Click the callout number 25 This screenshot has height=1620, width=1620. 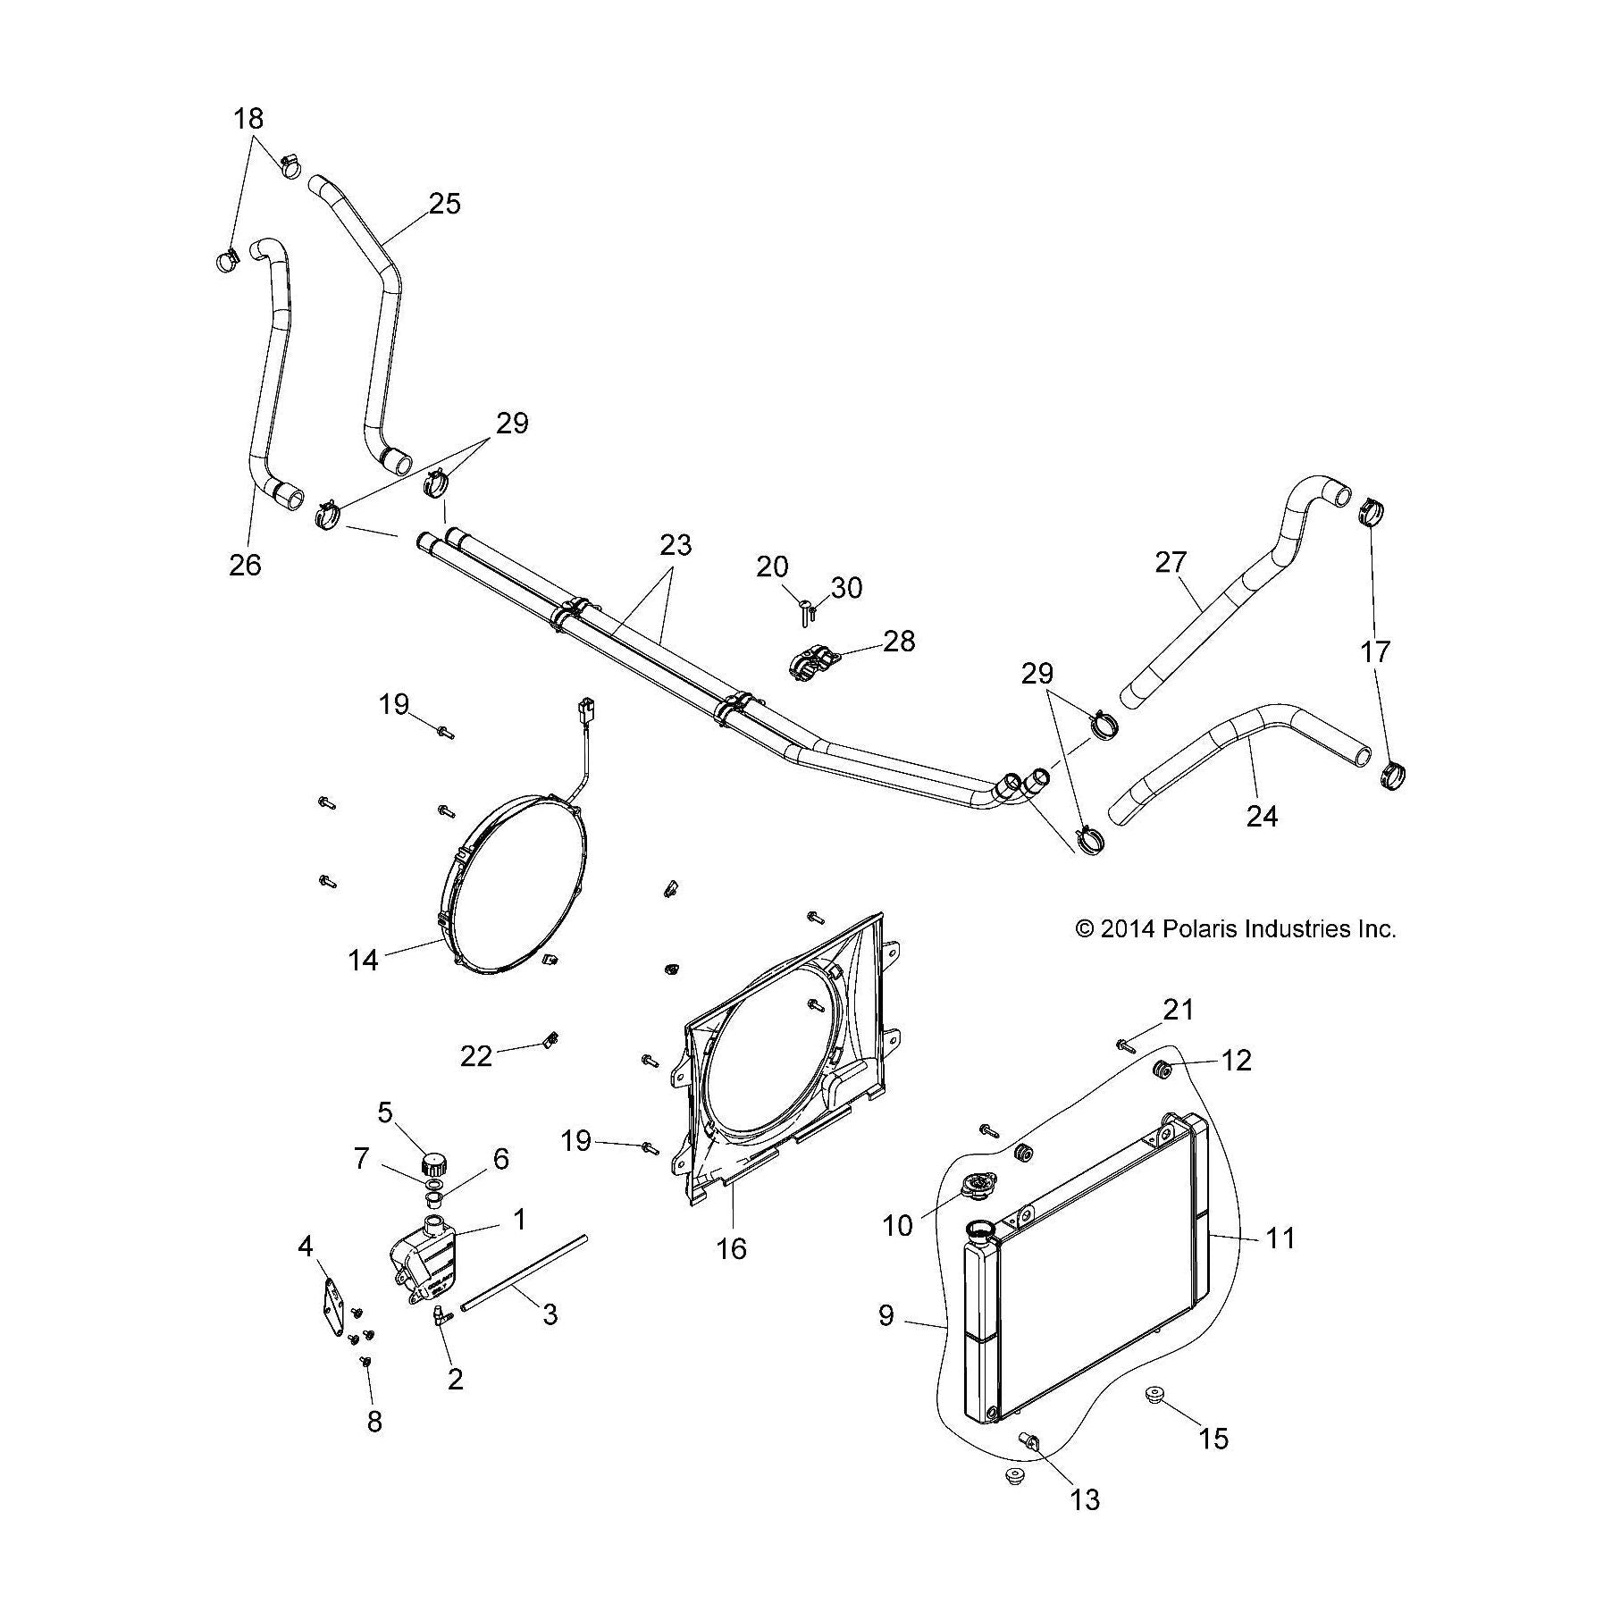pos(444,204)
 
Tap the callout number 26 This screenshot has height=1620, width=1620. pos(246,565)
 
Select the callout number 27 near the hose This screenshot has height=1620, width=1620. pos(1171,562)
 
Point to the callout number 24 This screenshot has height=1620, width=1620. pos(1262,816)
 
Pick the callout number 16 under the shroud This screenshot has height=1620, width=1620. pos(732,1248)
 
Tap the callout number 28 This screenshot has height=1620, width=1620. pos(900,641)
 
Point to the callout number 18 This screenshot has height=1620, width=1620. pos(249,118)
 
